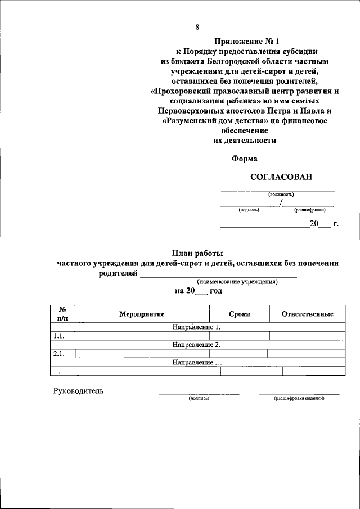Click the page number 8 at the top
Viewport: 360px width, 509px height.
pyautogui.click(x=197, y=26)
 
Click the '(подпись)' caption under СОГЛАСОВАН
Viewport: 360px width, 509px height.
pyautogui.click(x=249, y=210)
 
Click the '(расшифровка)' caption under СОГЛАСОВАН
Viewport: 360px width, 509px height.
pyautogui.click(x=309, y=210)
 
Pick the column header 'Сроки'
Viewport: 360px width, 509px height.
pyautogui.click(x=240, y=314)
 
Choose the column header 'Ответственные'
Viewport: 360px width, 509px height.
pyautogui.click(x=308, y=314)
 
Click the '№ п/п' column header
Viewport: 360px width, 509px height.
pyautogui.click(x=62, y=314)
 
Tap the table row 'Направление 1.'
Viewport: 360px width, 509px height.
pyautogui.click(x=197, y=327)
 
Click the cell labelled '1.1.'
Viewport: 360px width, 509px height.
pyautogui.click(x=59, y=336)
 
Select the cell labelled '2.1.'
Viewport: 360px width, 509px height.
pyautogui.click(x=59, y=354)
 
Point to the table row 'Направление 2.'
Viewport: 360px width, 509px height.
pyautogui.click(x=197, y=345)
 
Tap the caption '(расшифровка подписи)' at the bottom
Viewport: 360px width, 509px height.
pyautogui.click(x=299, y=398)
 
